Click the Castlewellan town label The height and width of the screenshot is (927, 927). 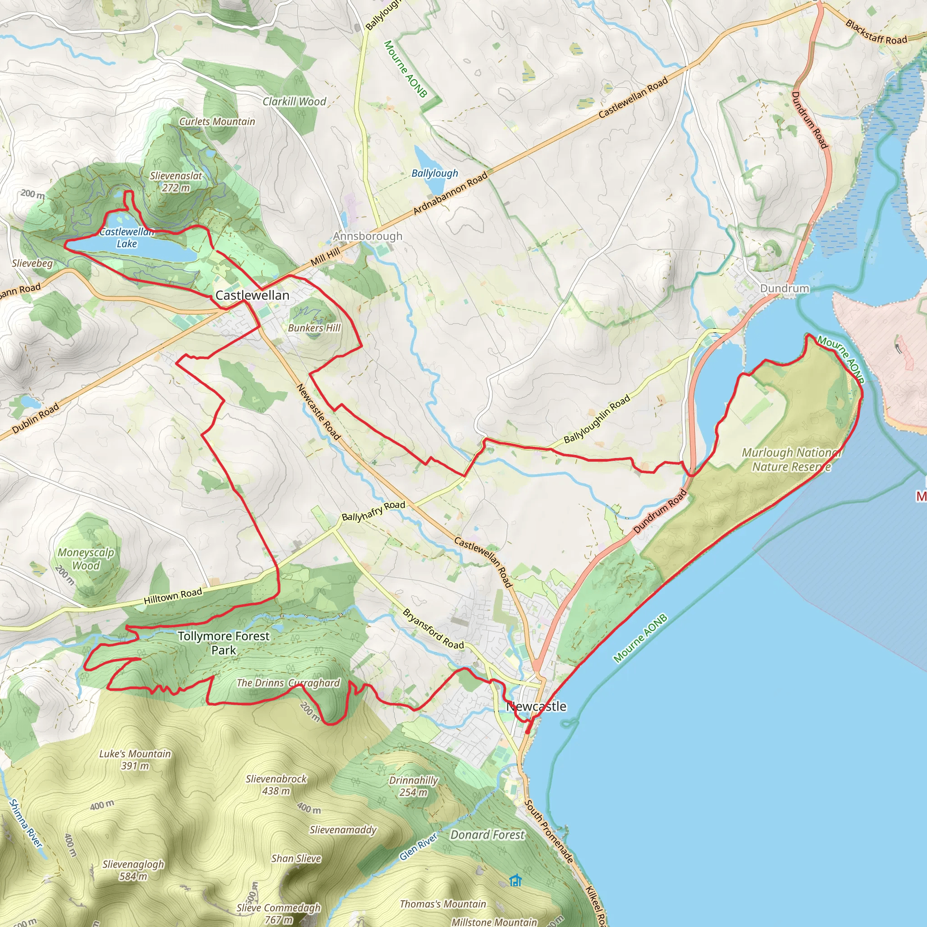252,296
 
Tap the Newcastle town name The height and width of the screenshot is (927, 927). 537,706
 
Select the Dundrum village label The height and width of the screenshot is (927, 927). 784,288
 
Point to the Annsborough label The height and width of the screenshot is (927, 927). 368,236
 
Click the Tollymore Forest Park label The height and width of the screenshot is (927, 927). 224,643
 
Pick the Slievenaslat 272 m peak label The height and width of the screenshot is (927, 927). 176,182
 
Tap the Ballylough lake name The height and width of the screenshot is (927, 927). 435,173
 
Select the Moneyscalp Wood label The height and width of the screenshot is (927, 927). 86,559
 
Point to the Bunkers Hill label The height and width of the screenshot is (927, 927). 314,328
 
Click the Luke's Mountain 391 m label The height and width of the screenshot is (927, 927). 135,760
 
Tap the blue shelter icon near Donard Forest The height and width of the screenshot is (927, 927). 515,880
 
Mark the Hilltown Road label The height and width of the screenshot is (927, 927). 173,596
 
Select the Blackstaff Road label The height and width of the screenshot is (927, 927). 876,32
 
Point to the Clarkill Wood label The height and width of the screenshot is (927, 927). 294,102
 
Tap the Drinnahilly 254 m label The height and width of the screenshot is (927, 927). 414,786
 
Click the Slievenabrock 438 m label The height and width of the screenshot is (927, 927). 277,784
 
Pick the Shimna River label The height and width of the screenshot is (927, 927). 25,823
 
